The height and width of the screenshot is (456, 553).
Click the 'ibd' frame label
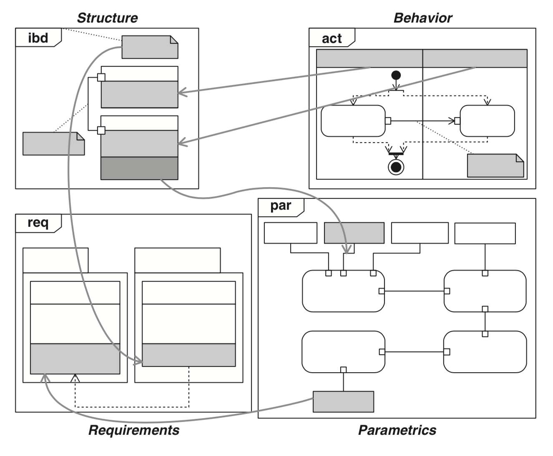[38, 38]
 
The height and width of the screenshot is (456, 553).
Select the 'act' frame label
[332, 38]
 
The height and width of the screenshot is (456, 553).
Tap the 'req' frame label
[38, 223]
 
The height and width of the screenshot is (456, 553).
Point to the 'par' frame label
[281, 206]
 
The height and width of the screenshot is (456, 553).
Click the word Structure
[107, 18]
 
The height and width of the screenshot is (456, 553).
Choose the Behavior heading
[422, 18]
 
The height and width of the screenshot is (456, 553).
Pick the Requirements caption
[134, 430]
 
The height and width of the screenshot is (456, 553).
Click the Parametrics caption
[397, 430]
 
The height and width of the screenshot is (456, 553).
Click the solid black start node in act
[396, 75]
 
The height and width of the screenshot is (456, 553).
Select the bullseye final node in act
[396, 167]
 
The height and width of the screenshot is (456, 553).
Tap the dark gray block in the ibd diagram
[139, 168]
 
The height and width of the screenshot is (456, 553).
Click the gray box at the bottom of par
[343, 401]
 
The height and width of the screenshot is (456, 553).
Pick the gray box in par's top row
[354, 233]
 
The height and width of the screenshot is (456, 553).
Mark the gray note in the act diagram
[495, 165]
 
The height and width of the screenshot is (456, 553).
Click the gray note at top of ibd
[150, 47]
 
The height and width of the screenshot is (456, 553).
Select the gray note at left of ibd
[53, 144]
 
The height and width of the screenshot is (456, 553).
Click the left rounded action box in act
[353, 121]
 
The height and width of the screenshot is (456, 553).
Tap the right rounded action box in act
[487, 121]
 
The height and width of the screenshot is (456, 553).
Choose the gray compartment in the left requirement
[75, 359]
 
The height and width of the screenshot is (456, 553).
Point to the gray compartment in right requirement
[189, 355]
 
